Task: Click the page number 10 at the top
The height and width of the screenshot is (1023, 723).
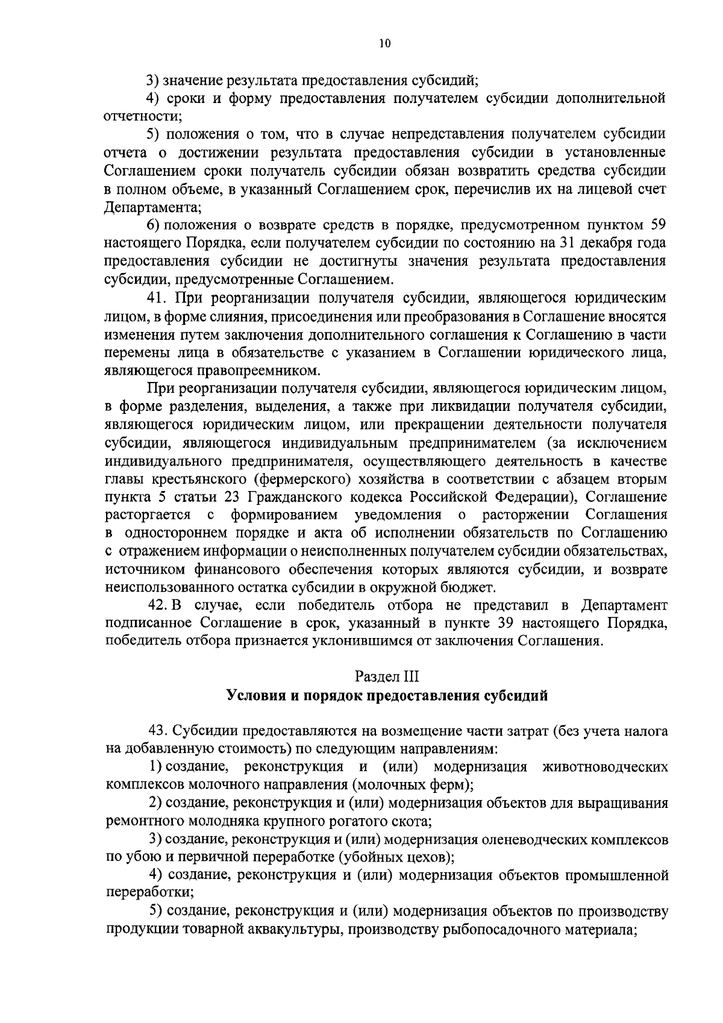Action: pos(386,43)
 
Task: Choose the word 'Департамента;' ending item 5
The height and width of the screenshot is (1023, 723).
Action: pos(153,207)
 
